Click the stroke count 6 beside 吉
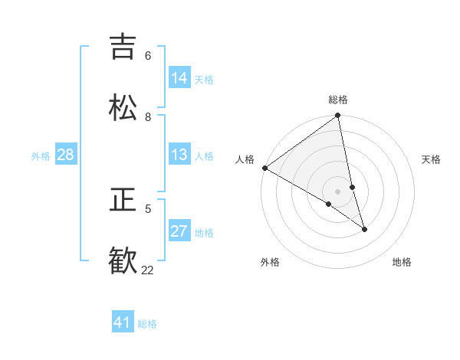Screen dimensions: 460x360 (148, 56)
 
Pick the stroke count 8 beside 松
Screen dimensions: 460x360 (148, 116)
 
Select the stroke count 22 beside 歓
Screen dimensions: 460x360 (148, 270)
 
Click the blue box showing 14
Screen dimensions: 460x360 (179, 78)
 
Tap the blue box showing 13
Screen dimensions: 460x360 (179, 155)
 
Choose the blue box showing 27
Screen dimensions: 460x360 (179, 231)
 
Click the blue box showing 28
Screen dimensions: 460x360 (66, 155)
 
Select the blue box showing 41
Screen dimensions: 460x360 (123, 322)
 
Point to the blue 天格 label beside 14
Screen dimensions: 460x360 (204, 80)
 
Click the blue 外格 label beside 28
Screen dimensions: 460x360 (41, 156)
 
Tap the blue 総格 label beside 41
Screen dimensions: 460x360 (147, 324)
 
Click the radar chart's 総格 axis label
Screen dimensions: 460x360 (338, 100)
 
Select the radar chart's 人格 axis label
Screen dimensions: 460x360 (245, 159)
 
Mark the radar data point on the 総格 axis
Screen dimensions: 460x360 (338, 116)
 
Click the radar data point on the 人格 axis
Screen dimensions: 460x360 (264, 168)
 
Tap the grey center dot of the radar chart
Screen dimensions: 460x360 (338, 191)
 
